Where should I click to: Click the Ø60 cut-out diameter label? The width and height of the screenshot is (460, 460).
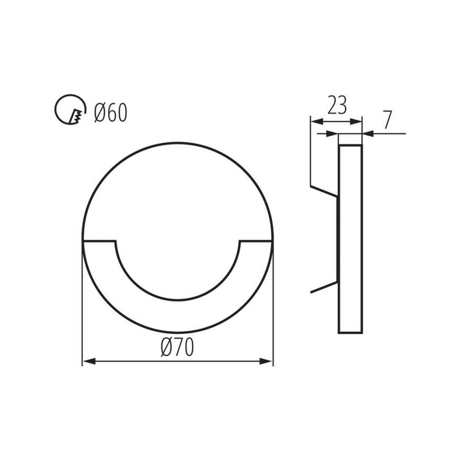coord(111,113)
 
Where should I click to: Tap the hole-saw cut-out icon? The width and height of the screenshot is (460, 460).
coord(70,109)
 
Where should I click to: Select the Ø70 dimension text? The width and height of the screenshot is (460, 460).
coord(178,348)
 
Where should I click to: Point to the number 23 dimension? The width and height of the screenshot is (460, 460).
coord(337,105)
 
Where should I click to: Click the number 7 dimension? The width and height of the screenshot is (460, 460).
coord(387,120)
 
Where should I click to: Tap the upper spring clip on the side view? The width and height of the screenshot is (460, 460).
coord(324,191)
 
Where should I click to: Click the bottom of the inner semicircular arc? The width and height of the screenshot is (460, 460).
coord(178,300)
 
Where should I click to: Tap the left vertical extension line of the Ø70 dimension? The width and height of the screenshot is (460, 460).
coord(82,307)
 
